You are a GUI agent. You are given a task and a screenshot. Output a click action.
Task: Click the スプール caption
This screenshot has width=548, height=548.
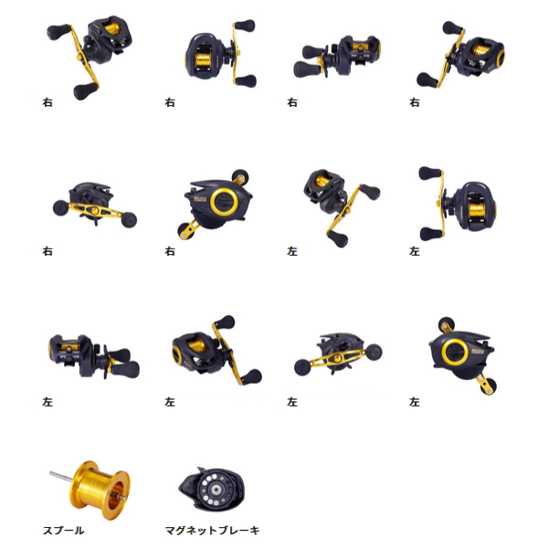pyautogui.click(x=63, y=530)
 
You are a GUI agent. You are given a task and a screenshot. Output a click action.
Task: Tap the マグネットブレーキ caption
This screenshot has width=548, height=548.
pyautogui.click(x=212, y=530)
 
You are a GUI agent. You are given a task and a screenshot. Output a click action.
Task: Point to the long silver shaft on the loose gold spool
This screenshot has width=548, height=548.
pyautogui.click(x=61, y=477)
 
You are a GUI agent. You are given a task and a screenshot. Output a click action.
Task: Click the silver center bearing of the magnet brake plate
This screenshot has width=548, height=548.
pyautogui.click(x=216, y=490)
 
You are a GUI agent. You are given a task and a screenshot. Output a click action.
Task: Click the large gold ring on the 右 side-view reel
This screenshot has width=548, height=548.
pyautogui.click(x=224, y=201)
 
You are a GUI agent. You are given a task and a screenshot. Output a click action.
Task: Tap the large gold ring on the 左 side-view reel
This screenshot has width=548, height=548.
pyautogui.click(x=455, y=352)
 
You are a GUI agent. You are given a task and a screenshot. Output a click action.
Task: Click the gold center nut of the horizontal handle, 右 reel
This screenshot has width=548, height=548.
pyautogui.click(x=94, y=210)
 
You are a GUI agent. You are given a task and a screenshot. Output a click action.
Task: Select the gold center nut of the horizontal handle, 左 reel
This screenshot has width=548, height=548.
pyautogui.click(x=338, y=358)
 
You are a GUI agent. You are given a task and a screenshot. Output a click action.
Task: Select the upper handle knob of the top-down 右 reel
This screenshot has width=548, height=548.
pyautogui.click(x=245, y=26)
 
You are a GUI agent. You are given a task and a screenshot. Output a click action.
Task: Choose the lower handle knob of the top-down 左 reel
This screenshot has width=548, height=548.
pyautogui.click(x=430, y=234)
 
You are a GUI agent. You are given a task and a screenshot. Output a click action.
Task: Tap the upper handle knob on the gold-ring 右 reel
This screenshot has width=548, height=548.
pyautogui.click(x=240, y=175)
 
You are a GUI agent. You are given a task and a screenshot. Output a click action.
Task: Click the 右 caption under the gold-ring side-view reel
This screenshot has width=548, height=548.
pyautogui.click(x=170, y=251)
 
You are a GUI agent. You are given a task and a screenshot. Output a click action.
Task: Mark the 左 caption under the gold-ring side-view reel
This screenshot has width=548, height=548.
pyautogui.click(x=415, y=402)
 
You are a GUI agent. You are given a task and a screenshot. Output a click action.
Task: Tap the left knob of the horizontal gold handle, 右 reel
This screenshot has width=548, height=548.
pyautogui.click(x=60, y=207)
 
